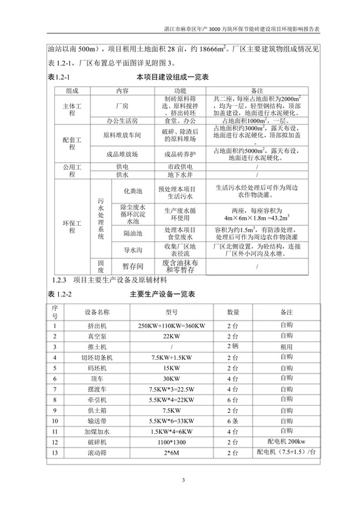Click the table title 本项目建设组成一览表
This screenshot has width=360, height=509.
pyautogui.click(x=172, y=77)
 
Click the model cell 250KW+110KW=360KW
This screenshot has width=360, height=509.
pyautogui.click(x=168, y=325)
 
